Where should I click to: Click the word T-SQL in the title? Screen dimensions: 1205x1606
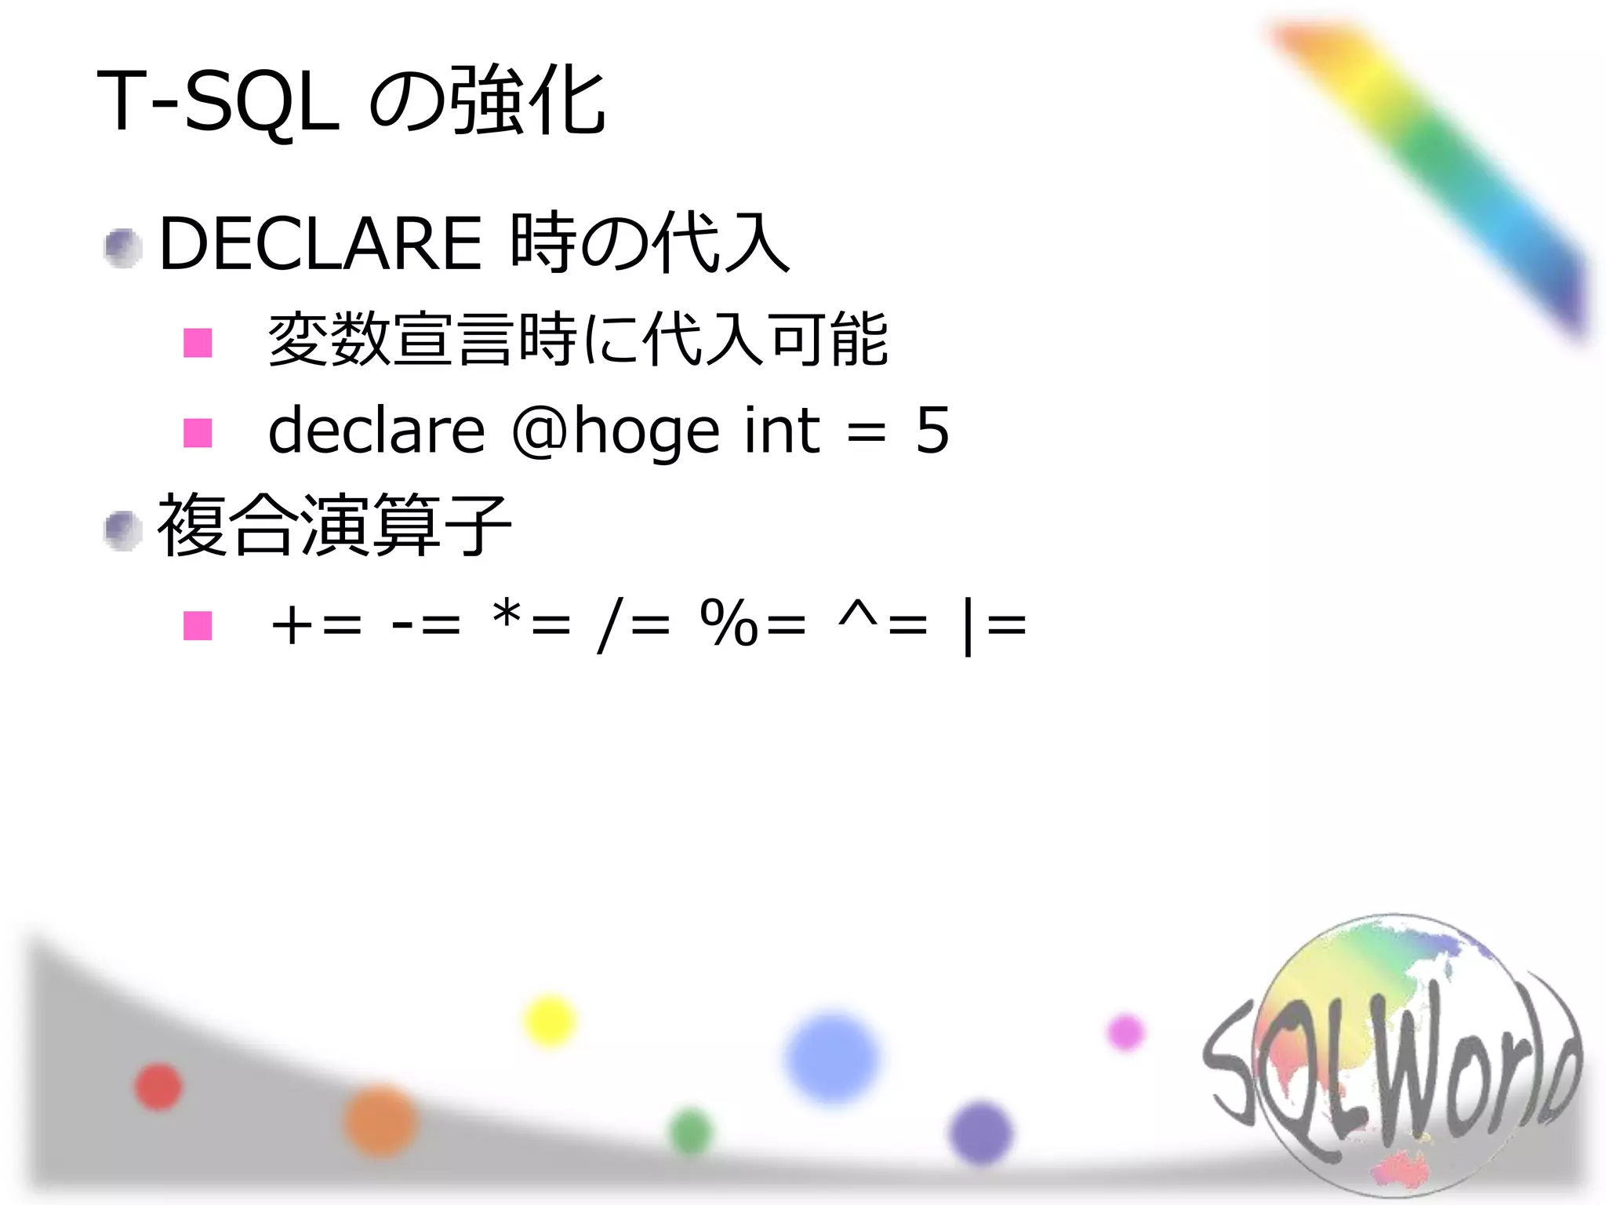tap(218, 102)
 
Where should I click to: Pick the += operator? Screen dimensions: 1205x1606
tap(316, 625)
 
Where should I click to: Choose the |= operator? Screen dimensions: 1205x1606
tap(994, 625)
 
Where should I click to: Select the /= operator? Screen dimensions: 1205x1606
tap(634, 625)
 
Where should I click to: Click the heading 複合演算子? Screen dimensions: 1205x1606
tap(334, 526)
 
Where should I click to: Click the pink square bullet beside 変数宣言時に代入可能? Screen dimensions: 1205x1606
tap(198, 343)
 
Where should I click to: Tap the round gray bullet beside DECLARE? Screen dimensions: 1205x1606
tap(122, 248)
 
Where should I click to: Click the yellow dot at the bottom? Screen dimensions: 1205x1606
tap(549, 1021)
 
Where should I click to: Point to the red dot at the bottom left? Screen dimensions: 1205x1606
tap(158, 1087)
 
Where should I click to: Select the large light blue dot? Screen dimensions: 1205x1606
tap(832, 1058)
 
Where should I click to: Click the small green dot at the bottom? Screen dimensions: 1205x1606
tap(691, 1132)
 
